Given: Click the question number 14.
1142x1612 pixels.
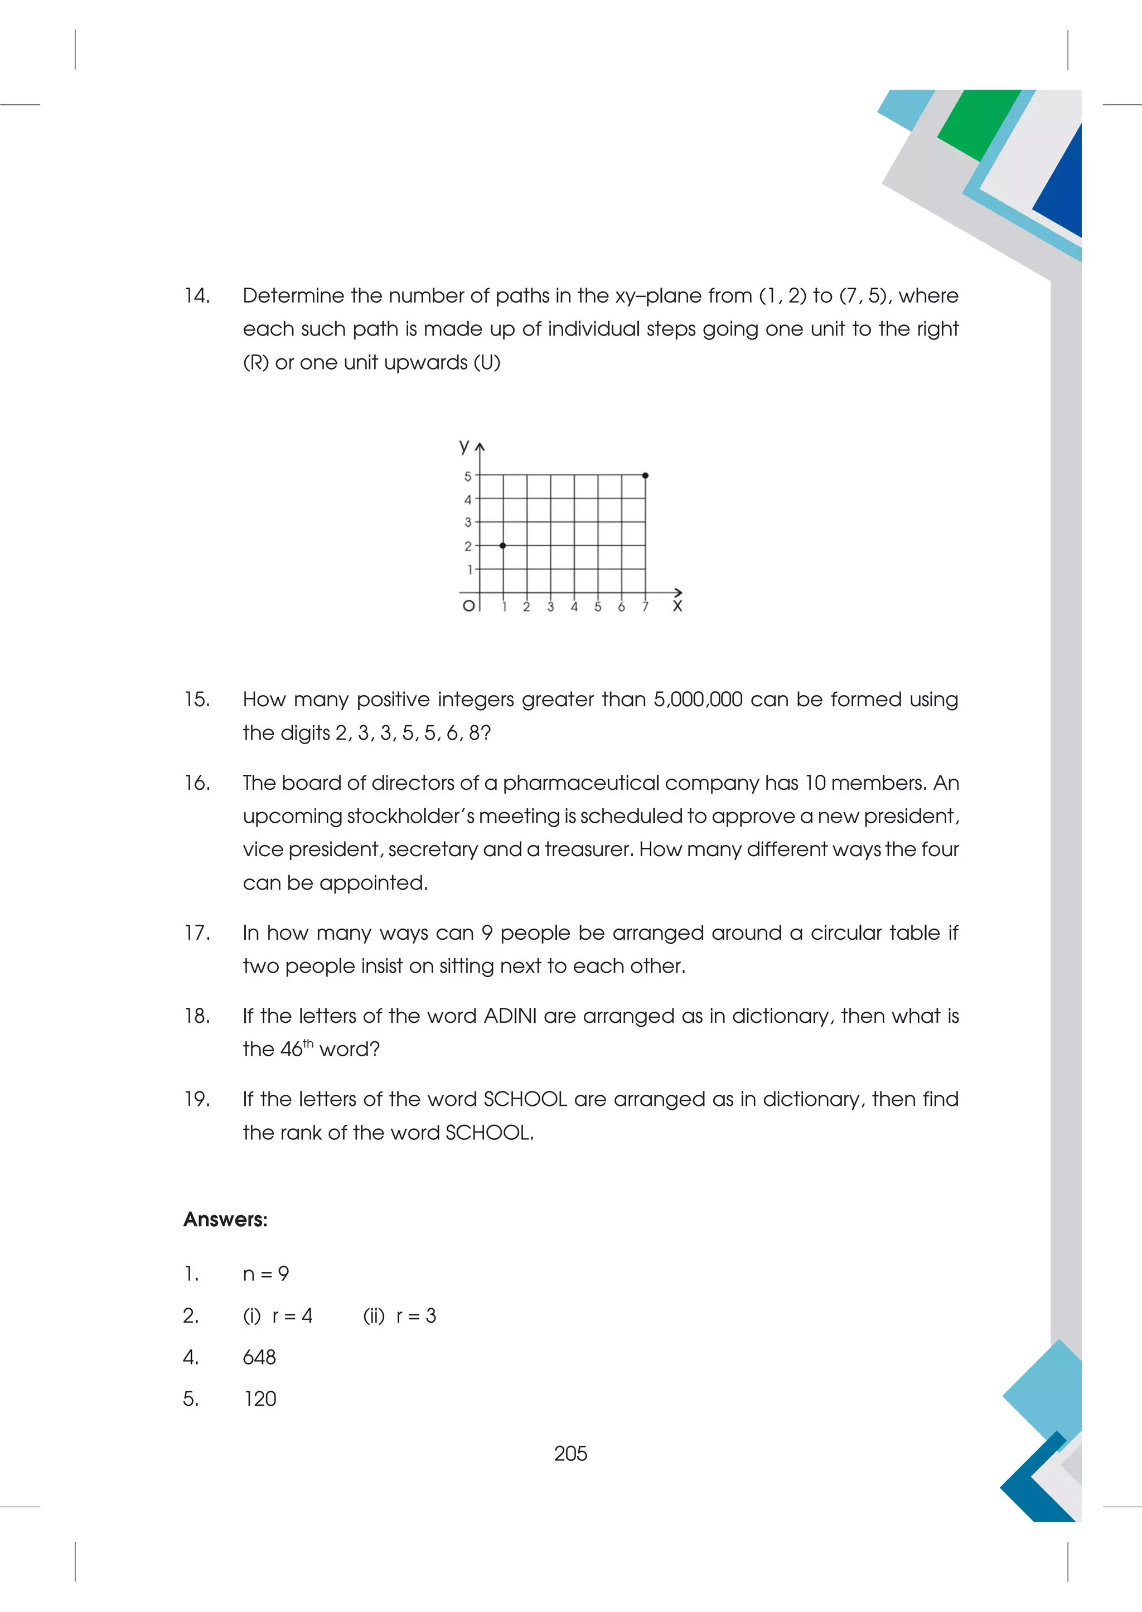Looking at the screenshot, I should pos(197,296).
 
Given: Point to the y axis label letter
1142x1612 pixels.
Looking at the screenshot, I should pos(463,446).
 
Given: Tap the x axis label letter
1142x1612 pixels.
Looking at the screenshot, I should pos(677,606).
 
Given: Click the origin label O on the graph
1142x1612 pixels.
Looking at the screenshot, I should pos(468,605).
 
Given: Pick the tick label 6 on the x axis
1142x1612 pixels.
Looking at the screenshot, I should pos(621,606).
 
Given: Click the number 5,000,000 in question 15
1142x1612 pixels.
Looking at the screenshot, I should pos(698,700).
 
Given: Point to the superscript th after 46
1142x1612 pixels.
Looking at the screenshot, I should pos(308,1043).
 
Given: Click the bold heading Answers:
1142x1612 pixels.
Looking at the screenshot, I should pos(225,1220).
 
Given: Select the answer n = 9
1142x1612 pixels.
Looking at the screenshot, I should pos(266,1274).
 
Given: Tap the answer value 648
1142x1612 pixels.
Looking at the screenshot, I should pos(259,1357).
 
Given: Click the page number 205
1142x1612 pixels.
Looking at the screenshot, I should pos(570,1453).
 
